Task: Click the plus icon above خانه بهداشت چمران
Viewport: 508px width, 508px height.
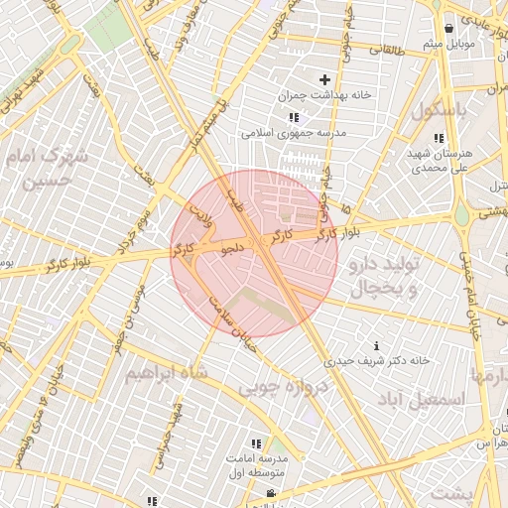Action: click(x=324, y=79)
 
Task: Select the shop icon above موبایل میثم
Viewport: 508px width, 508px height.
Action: click(x=450, y=28)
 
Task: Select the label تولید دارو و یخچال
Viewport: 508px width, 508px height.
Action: click(x=389, y=277)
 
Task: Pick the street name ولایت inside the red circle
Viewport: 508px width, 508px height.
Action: click(x=201, y=212)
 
